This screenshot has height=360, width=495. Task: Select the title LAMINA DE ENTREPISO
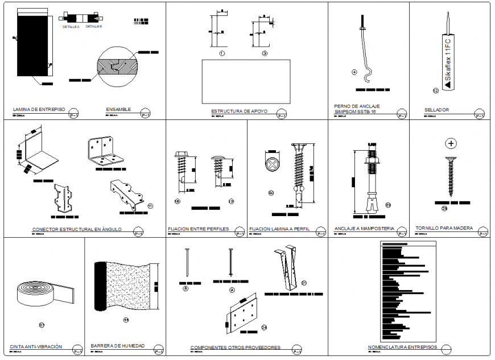click(39, 109)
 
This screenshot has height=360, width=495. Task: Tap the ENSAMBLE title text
click(118, 109)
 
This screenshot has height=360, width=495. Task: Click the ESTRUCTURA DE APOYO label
click(235, 111)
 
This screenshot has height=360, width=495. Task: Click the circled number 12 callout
click(435, 90)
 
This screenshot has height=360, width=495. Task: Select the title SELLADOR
click(436, 110)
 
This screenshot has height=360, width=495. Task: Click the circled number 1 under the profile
click(222, 53)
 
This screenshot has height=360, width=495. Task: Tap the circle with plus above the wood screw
click(451, 143)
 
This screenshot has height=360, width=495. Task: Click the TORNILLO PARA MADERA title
click(444, 228)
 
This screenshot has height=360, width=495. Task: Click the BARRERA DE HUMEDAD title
click(117, 346)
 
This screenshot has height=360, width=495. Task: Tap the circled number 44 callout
click(126, 320)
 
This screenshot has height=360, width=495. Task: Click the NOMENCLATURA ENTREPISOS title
click(402, 347)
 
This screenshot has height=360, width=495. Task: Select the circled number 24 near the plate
click(264, 327)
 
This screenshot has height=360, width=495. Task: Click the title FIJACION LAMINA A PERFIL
click(279, 229)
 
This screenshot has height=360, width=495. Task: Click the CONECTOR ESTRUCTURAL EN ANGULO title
click(77, 230)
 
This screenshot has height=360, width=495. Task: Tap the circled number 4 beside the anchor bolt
click(354, 72)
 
